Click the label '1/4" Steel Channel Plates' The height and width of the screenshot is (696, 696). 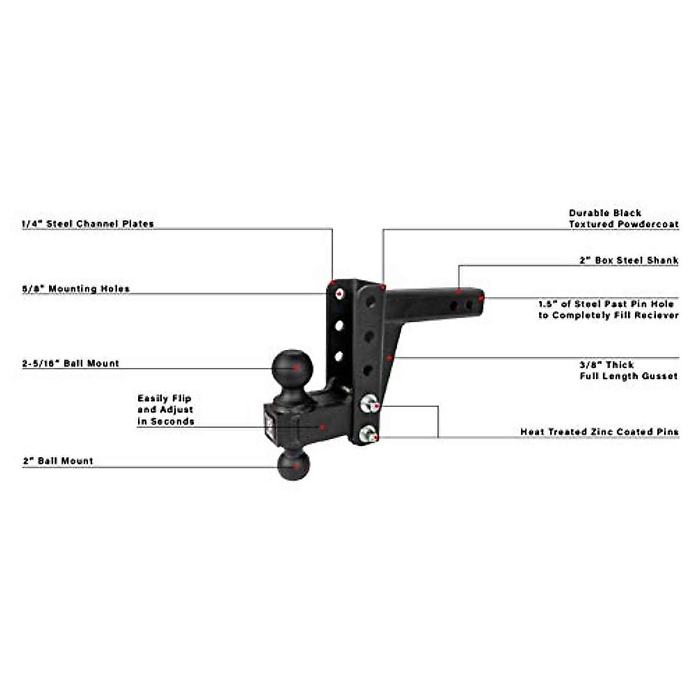pos(88,224)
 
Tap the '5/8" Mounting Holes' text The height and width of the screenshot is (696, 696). pos(76,289)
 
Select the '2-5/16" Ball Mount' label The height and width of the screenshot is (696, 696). pos(71,364)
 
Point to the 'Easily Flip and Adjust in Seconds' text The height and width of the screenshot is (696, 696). pos(165,410)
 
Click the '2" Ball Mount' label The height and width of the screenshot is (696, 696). pos(58,461)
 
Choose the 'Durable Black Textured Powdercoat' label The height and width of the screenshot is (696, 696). pos(623,219)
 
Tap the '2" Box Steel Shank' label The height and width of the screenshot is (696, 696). pos(629,260)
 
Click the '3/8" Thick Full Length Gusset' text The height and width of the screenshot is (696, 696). pos(629,370)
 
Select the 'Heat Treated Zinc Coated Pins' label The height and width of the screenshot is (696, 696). pos(599,432)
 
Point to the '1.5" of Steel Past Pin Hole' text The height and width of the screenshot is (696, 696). pos(606,304)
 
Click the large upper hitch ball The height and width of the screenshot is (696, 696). pos(292,367)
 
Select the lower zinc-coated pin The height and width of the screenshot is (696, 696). pos(367,434)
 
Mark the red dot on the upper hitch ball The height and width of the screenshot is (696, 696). pos(297,367)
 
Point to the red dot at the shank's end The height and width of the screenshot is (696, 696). pos(481,298)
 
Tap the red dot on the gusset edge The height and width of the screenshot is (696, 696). pos(391,358)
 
